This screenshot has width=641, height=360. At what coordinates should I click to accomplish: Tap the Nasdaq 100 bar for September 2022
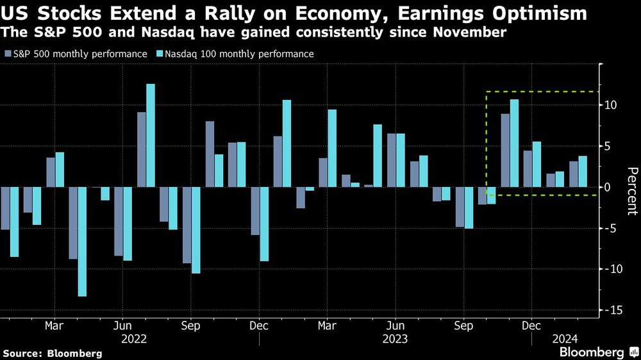[196, 230]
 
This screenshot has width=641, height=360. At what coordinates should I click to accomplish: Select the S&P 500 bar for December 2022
[255, 211]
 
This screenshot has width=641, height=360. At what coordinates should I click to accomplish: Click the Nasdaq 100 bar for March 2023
[332, 148]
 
